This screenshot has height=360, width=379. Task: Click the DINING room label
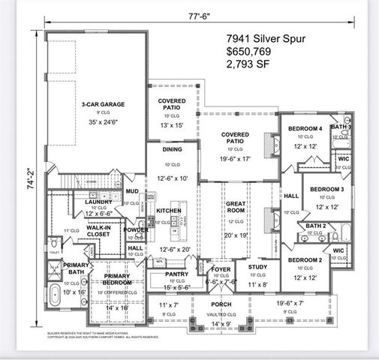pos(172,149)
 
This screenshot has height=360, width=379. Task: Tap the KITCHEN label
pos(169,211)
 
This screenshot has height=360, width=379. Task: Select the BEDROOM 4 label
pos(305,129)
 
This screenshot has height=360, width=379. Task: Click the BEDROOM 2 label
pos(305,259)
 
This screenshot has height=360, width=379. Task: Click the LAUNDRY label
pos(98,202)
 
